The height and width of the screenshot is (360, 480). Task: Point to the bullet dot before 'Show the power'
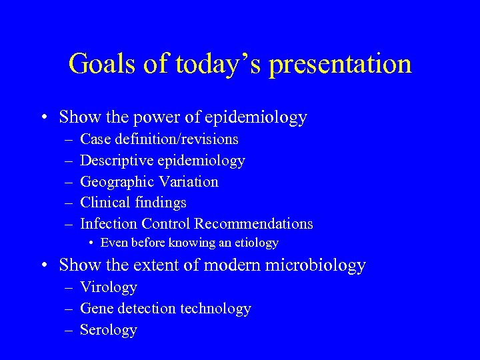click(x=43, y=118)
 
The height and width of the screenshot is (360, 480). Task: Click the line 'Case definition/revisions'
click(x=159, y=139)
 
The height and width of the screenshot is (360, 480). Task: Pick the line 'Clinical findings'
click(x=133, y=203)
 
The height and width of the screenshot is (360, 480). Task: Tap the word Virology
click(x=108, y=287)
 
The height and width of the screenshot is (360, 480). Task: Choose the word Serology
click(x=108, y=330)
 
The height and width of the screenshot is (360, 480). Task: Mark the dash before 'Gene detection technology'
click(x=70, y=309)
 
